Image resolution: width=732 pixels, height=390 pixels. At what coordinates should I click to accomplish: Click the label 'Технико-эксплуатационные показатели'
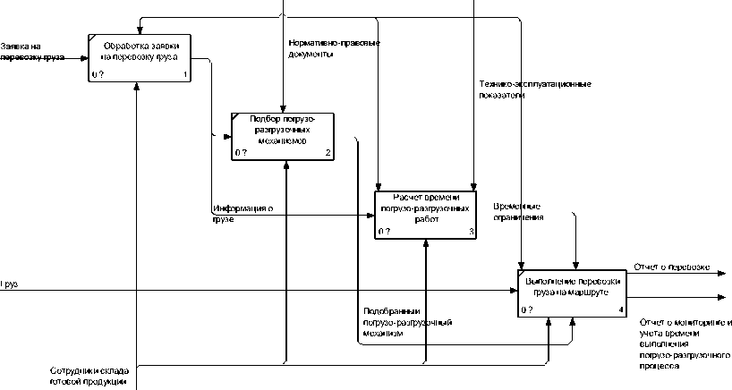pyautogui.click(x=534, y=89)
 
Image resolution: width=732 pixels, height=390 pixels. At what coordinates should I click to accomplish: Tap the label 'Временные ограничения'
pyautogui.click(x=519, y=211)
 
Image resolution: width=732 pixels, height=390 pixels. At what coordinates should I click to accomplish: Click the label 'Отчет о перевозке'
pyautogui.click(x=672, y=267)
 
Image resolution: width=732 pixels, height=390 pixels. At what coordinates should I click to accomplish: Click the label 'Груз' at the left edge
pyautogui.click(x=9, y=284)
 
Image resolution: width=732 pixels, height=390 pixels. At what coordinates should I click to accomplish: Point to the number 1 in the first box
pyautogui.click(x=184, y=75)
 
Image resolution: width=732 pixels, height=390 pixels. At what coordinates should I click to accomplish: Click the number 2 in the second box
pyautogui.click(x=328, y=154)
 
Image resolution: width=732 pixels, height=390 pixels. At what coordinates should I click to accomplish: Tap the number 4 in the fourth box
pyautogui.click(x=621, y=309)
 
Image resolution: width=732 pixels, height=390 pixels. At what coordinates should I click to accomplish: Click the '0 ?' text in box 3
pyautogui.click(x=384, y=232)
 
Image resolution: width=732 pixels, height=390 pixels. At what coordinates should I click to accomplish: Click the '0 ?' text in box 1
pyautogui.click(x=98, y=75)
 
